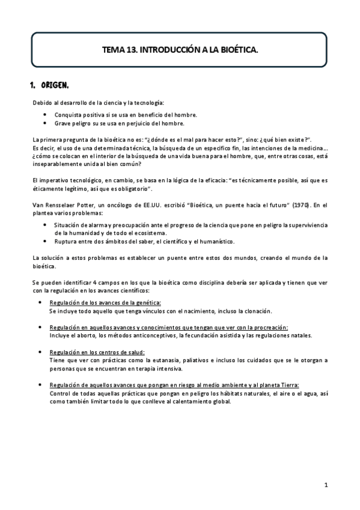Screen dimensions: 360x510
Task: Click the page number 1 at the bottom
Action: [x=325, y=484]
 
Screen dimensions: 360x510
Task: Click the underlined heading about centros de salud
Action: [x=97, y=351]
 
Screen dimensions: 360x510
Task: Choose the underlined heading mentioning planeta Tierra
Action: [x=174, y=385]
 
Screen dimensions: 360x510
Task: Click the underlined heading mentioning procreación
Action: [x=169, y=327]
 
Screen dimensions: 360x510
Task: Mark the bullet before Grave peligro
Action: [x=45, y=123]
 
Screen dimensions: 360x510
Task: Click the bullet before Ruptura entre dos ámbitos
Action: [x=45, y=241]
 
